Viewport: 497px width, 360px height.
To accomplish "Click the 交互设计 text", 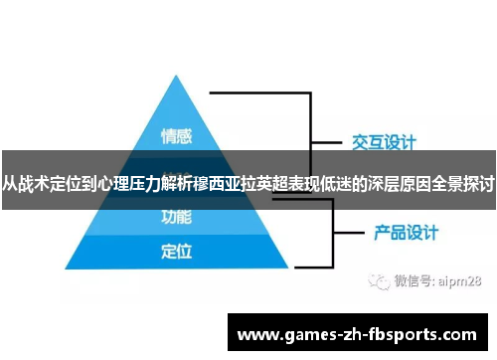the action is coord(384,143).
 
